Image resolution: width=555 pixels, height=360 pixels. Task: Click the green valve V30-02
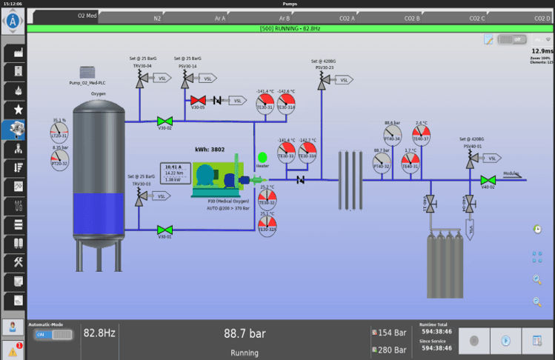[x=164, y=121]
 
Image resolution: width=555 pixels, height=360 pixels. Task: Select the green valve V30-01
[x=164, y=229]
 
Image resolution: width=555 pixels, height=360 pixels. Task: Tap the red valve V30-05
[x=198, y=100]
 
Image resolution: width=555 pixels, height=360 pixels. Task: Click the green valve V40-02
[x=488, y=180]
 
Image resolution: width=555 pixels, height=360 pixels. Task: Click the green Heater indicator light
[x=262, y=157]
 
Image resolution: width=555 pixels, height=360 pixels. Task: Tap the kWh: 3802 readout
[x=210, y=149]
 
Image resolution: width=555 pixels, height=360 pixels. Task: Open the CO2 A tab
[x=347, y=18]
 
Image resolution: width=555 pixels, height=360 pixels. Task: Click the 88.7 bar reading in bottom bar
[x=245, y=334]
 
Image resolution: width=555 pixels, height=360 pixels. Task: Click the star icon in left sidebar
[x=13, y=110]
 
